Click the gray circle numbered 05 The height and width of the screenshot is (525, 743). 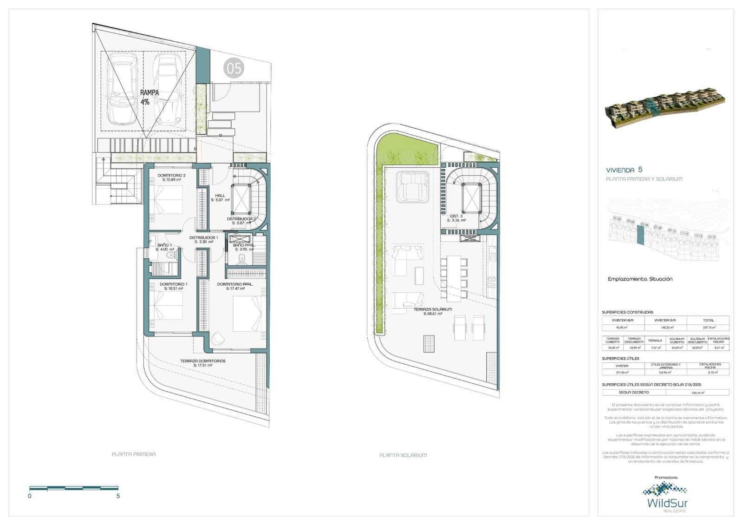pyautogui.click(x=234, y=68)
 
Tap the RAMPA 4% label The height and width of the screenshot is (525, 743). pyautogui.click(x=149, y=97)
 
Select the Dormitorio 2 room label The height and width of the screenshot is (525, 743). pyautogui.click(x=171, y=177)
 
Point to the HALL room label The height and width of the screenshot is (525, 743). pyautogui.click(x=220, y=197)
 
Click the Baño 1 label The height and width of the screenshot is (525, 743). pyautogui.click(x=164, y=247)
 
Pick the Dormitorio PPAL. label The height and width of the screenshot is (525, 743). pyautogui.click(x=235, y=286)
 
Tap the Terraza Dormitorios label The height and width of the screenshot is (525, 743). pyautogui.click(x=203, y=363)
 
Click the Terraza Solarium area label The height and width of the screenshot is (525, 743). pyautogui.click(x=433, y=311)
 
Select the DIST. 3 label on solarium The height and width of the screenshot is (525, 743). pyautogui.click(x=456, y=218)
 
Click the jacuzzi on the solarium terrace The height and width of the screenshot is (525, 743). pyautogui.click(x=413, y=186)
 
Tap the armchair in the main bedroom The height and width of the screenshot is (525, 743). pyautogui.click(x=217, y=340)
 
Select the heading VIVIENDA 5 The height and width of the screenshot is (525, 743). pyautogui.click(x=624, y=170)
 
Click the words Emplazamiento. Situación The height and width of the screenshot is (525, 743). pyautogui.click(x=640, y=279)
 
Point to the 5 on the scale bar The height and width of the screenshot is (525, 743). pyautogui.click(x=118, y=496)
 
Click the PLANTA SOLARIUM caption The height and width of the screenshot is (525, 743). pyautogui.click(x=403, y=455)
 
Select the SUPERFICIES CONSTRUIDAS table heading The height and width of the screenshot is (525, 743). pyautogui.click(x=627, y=312)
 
